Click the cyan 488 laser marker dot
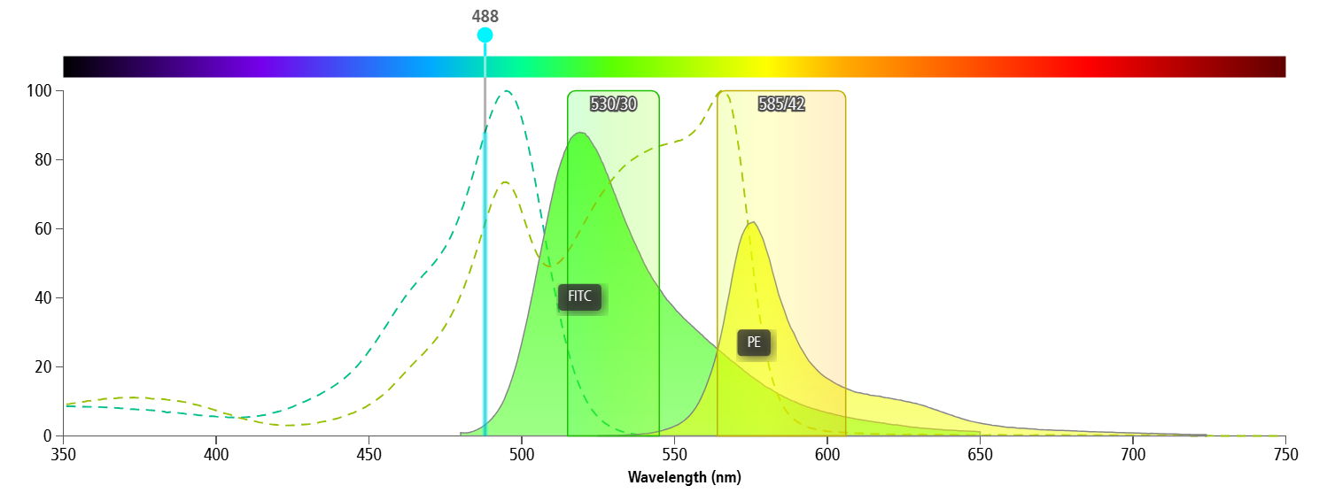(x=485, y=35)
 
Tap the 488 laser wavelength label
(x=485, y=16)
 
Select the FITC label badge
(x=579, y=297)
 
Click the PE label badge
(x=754, y=343)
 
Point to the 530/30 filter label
(x=613, y=104)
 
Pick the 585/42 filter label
(x=781, y=104)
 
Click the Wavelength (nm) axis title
(x=684, y=478)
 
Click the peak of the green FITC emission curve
(x=580, y=133)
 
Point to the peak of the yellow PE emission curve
(x=752, y=222)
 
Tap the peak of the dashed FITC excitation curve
(x=507, y=90)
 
